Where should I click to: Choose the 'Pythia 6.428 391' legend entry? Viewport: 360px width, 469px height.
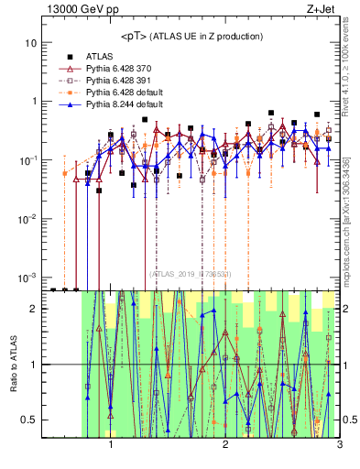pos(119,80)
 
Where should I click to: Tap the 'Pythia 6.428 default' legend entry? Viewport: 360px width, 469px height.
pos(124,93)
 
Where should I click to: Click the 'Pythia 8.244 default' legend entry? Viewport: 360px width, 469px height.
pos(124,105)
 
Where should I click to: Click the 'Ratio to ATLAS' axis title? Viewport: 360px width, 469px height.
pos(12,365)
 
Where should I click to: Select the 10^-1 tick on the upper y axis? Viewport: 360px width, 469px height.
pos(28,160)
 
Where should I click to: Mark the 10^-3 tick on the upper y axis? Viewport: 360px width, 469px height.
pos(28,278)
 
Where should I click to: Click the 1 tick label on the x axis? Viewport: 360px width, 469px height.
pos(111,447)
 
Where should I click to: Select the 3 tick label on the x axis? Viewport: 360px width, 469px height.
pos(339,447)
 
